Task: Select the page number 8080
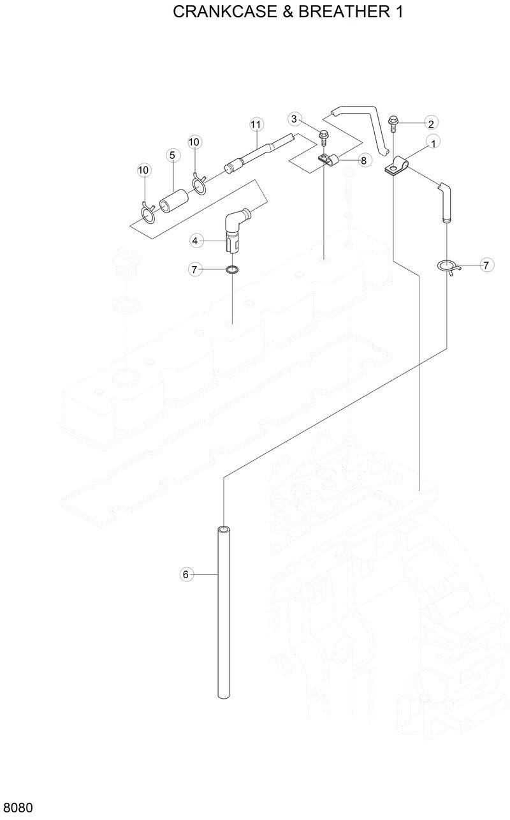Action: (x=17, y=808)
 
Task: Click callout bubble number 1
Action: (x=434, y=144)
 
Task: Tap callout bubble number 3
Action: (x=294, y=118)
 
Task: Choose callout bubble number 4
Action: (x=196, y=241)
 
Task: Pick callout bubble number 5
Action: (x=171, y=155)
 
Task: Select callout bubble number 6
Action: (x=186, y=574)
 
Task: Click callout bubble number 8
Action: (x=363, y=160)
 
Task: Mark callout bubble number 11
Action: (x=256, y=123)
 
